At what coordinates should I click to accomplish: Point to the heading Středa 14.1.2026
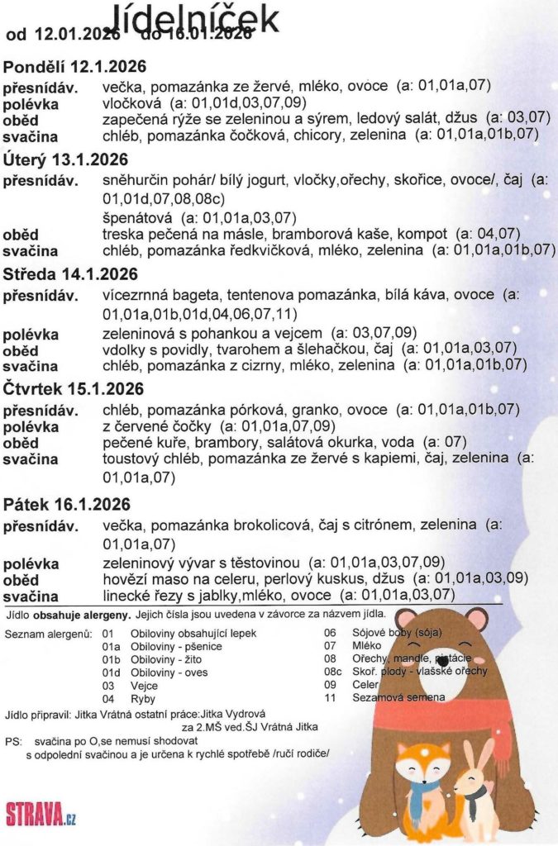click(71, 273)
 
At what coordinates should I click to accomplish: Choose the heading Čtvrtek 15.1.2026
click(74, 388)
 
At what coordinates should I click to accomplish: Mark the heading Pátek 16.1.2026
click(66, 503)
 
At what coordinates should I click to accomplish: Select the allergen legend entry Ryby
click(144, 699)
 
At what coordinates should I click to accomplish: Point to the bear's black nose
click(443, 661)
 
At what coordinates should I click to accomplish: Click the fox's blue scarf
click(422, 794)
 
